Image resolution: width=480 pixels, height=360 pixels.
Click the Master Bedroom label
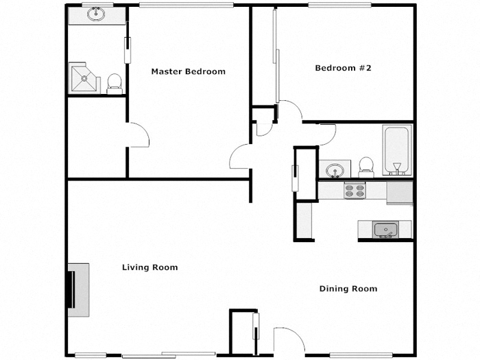[x=188, y=71]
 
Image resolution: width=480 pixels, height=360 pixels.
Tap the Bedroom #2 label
[x=343, y=68]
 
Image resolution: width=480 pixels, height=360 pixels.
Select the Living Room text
[x=149, y=267]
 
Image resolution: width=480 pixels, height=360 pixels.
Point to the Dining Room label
[x=348, y=289]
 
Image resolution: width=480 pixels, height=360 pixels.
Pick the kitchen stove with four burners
[x=354, y=191]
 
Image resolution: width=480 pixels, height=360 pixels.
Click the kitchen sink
[x=384, y=230]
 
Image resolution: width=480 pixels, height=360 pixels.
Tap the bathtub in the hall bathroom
[x=397, y=151]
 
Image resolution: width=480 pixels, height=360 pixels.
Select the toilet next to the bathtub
[x=367, y=166]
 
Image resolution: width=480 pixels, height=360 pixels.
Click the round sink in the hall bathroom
[x=335, y=170]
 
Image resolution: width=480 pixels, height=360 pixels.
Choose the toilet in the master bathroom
[x=115, y=83]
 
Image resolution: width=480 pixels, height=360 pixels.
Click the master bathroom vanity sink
[x=96, y=15]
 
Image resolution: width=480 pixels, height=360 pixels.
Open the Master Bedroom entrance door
[x=241, y=157]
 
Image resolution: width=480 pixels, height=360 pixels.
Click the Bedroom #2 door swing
[x=289, y=111]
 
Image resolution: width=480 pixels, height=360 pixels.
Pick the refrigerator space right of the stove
[x=400, y=192]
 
